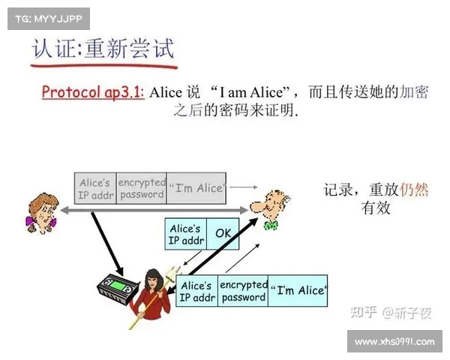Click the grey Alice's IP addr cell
pos(95,188)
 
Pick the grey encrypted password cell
pos(141,188)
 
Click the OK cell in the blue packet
pos(223,234)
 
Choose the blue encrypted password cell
pos(243,291)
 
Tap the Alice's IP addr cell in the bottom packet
pos(196,291)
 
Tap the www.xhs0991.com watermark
pos(394,342)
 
